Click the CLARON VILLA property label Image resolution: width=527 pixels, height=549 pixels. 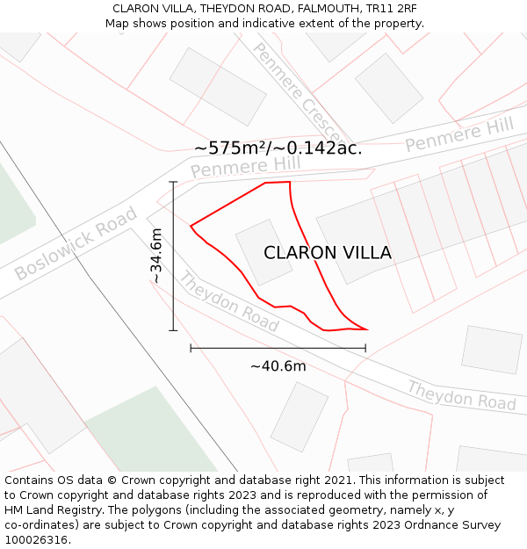pyautogui.click(x=328, y=253)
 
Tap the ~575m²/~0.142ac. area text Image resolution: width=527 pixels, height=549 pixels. pyautogui.click(x=278, y=148)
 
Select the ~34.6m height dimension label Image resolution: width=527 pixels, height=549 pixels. pyautogui.click(x=156, y=256)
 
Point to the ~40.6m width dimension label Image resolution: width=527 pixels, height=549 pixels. pyautogui.click(x=278, y=366)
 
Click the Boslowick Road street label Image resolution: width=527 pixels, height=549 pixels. pyautogui.click(x=76, y=243)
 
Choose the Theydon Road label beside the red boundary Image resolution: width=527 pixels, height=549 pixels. pyautogui.click(x=229, y=302)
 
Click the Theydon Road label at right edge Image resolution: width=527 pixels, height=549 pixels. pyautogui.click(x=461, y=395)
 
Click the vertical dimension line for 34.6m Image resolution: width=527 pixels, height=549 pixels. pyautogui.click(x=174, y=256)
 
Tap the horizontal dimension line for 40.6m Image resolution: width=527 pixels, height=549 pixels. pyautogui.click(x=278, y=349)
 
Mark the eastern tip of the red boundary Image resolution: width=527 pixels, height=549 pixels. pyautogui.click(x=367, y=330)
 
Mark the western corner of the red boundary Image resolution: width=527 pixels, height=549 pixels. pyautogui.click(x=191, y=226)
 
